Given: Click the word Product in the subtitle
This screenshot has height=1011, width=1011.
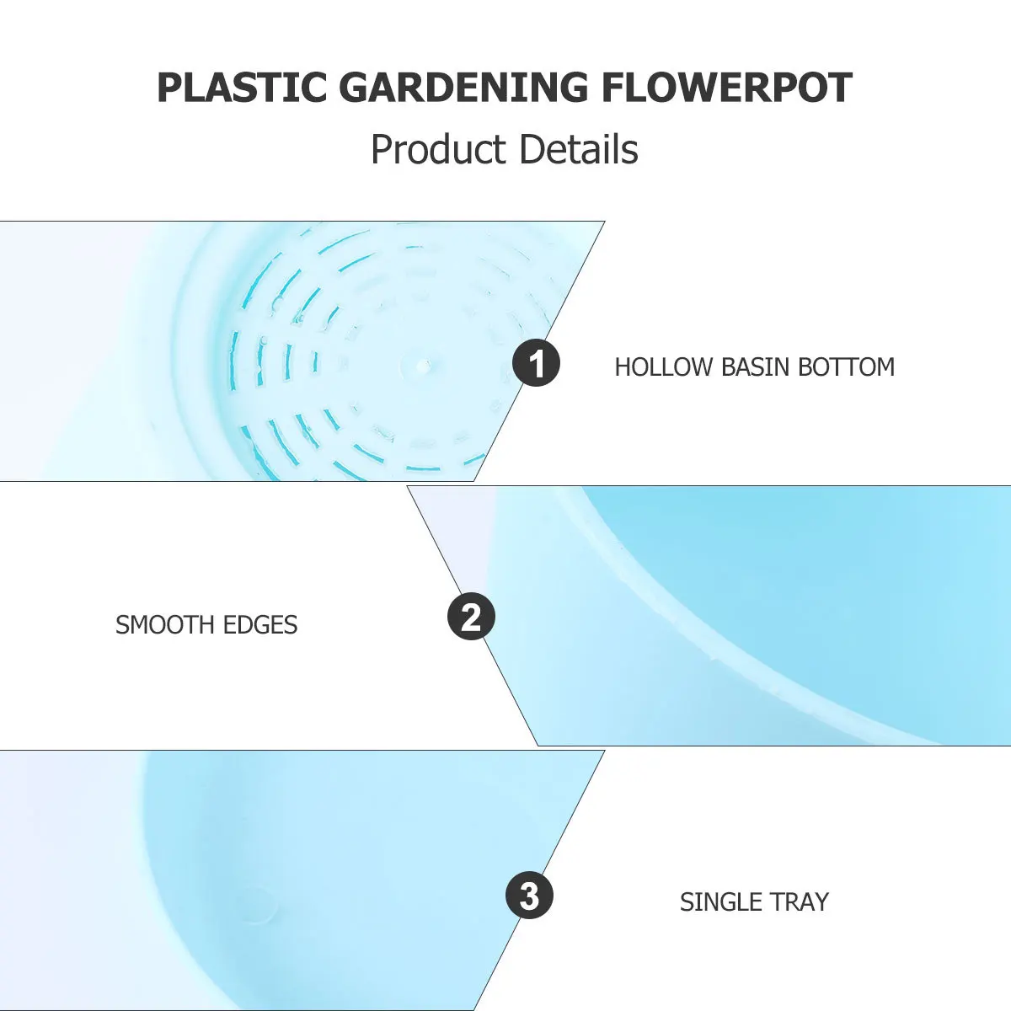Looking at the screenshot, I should pos(438,150).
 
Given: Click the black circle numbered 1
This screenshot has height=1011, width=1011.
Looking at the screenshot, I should pos(536,365).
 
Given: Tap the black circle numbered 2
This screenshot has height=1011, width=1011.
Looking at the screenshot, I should pos(471,617).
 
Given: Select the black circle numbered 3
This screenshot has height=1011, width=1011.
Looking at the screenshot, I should pos(529,896).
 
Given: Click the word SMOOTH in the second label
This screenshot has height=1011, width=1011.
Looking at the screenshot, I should pos(166,625).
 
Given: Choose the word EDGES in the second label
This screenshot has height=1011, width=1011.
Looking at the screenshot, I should pos(261,625).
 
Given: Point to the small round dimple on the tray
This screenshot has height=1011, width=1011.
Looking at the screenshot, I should pos(257,906).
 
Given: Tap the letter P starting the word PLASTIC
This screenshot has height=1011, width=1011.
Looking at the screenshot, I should pos(168,88).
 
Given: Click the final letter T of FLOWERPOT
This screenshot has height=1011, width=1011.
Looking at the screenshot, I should pos(840,88).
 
